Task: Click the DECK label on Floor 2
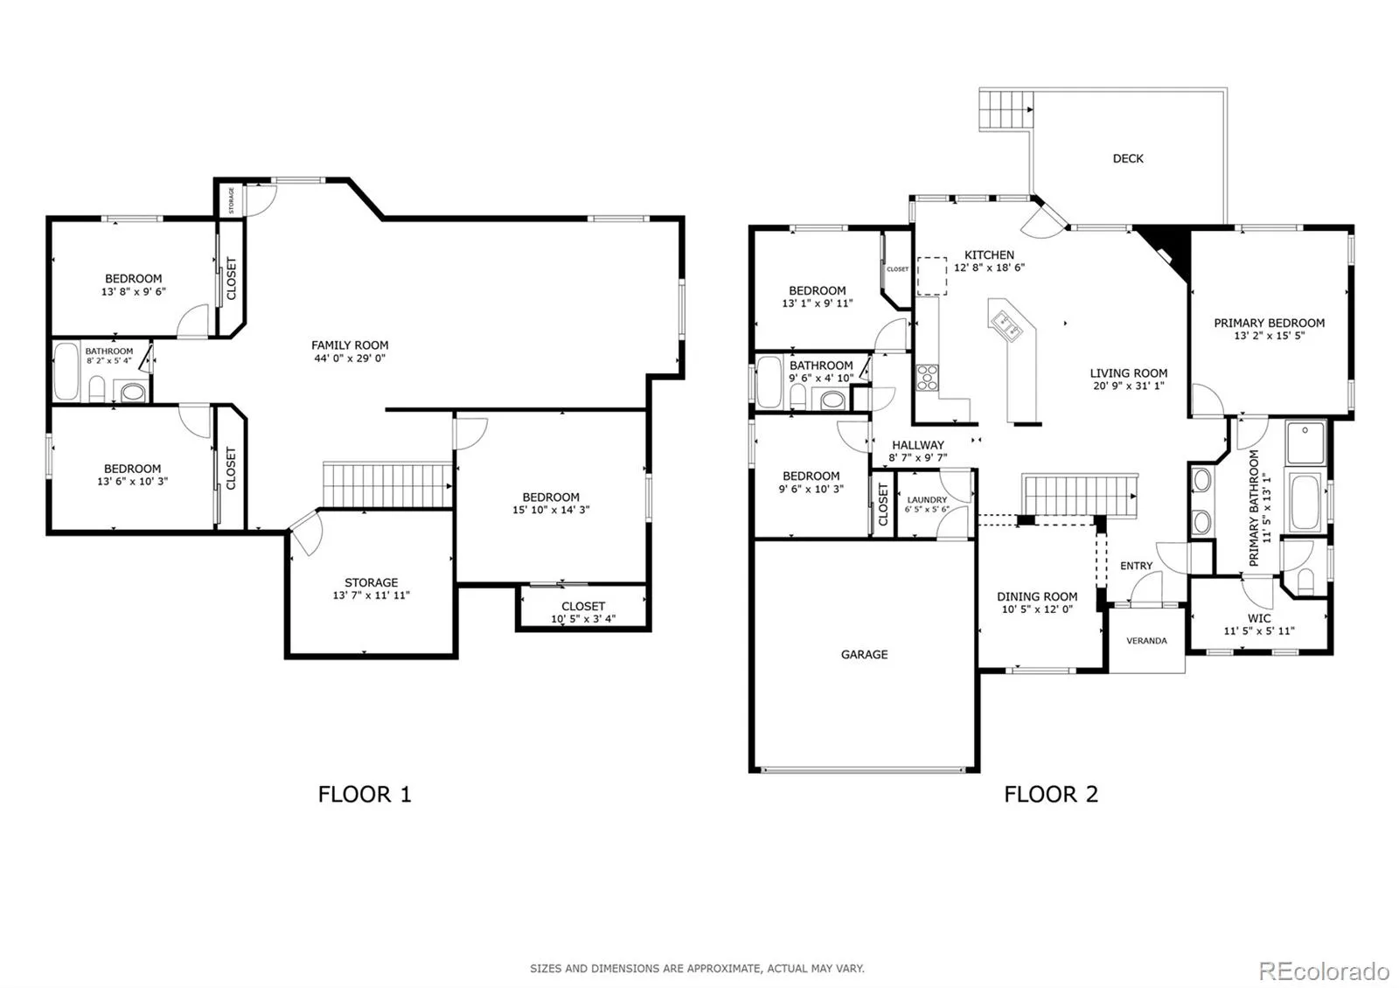[1128, 158]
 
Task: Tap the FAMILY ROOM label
[350, 344]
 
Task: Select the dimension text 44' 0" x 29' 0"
[350, 358]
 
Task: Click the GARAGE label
[864, 655]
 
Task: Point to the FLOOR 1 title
[365, 795]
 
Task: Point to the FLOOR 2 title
[1051, 795]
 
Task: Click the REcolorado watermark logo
[1324, 971]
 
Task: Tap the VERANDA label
[1146, 641]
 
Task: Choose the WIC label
[1259, 618]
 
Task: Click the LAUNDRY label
[927, 499]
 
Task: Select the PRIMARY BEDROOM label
[1269, 323]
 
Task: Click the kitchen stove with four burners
[927, 378]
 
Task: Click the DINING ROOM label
[1037, 596]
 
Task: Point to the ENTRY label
[1136, 566]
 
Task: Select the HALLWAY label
[917, 445]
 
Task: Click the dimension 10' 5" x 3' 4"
[582, 619]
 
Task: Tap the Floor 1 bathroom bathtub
[66, 372]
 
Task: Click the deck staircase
[1005, 110]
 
